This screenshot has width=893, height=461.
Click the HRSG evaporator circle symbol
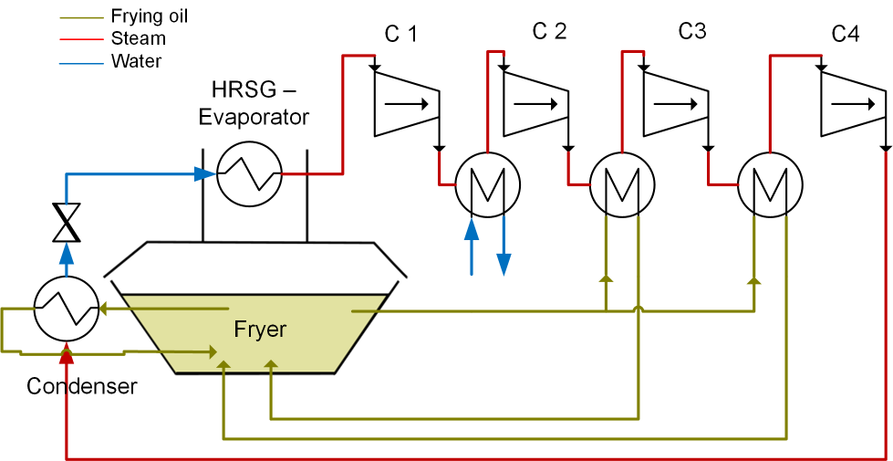249,173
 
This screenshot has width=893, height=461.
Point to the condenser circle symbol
66,310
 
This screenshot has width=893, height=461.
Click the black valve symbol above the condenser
66,222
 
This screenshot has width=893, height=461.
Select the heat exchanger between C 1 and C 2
487,183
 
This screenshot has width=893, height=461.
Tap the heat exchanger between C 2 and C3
622,183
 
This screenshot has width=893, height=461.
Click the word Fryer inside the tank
260,330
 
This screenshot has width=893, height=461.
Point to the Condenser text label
81,386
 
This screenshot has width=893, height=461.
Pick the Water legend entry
136,61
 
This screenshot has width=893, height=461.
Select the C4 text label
845,35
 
